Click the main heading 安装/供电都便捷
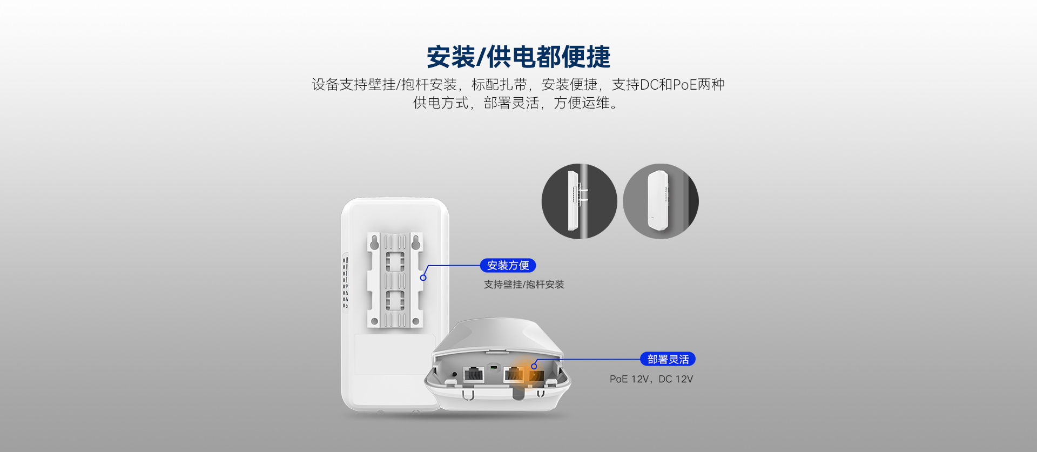[518, 57]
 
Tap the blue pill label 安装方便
[508, 266]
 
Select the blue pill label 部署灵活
[668, 359]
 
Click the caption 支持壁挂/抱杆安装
[524, 285]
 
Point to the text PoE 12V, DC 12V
[651, 379]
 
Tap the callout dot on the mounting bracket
[423, 278]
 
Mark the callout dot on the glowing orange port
[534, 366]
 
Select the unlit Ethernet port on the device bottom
[474, 374]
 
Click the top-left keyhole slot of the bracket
[374, 244]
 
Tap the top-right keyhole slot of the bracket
[415, 244]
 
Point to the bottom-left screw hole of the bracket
[374, 322]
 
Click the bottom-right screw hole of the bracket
[415, 322]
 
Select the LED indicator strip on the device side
[346, 282]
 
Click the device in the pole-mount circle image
[572, 200]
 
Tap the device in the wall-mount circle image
[658, 200]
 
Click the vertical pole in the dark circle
[582, 201]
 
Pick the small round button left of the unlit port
[454, 374]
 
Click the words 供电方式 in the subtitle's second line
[441, 103]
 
